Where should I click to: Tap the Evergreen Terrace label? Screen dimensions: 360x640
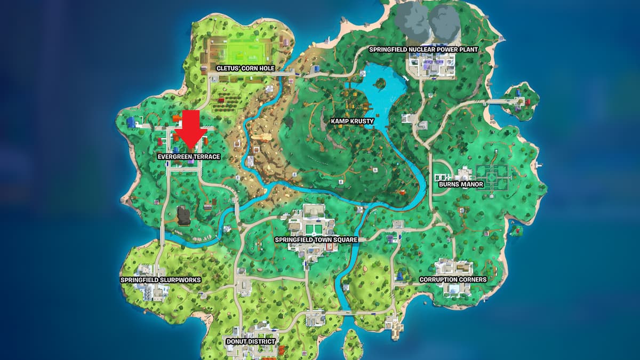(x=189, y=157)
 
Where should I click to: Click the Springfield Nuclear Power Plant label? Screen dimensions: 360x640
(x=423, y=50)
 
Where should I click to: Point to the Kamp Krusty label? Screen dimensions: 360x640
(x=353, y=121)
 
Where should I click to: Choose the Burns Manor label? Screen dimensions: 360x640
(x=461, y=185)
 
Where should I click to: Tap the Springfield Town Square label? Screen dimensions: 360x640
(x=316, y=240)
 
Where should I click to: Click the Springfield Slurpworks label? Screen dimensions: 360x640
(x=153, y=279)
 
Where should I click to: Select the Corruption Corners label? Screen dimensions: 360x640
(x=453, y=279)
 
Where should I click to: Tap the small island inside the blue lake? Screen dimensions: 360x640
(x=380, y=83)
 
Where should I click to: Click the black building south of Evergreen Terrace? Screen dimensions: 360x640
(x=185, y=215)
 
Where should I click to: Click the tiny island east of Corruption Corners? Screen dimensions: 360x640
(x=516, y=231)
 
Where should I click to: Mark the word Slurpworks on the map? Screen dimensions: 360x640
(x=168, y=279)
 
